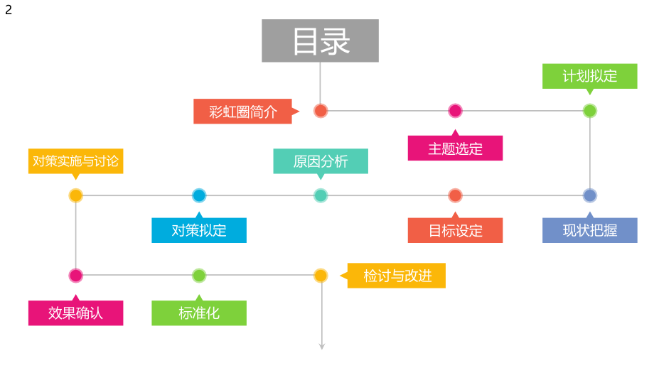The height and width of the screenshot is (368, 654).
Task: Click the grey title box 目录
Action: point(320,41)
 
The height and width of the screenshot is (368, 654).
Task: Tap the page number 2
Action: point(9,10)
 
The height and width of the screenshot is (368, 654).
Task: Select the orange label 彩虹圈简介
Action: point(243,112)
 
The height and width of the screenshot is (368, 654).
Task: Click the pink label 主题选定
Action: point(455,148)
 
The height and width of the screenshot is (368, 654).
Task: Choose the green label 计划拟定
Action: point(589,76)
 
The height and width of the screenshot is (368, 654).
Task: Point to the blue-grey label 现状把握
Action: point(589,230)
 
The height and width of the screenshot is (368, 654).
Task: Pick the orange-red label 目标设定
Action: point(455,230)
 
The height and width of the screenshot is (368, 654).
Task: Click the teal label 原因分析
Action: point(321,161)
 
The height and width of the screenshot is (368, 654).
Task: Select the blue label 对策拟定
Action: point(199,230)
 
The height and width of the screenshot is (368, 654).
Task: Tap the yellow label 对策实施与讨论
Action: point(76,161)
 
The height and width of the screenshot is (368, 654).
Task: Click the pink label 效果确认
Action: point(76,313)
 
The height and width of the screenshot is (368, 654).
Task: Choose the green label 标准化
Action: point(199,313)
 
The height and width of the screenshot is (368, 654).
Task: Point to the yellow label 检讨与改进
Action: point(397,276)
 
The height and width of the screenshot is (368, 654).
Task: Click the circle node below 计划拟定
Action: point(589,111)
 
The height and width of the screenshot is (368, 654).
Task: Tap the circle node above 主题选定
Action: point(455,111)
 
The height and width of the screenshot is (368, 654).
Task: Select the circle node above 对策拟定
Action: point(199,195)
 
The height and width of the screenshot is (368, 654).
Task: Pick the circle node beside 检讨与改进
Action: point(321,276)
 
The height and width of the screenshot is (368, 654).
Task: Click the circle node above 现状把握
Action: point(589,195)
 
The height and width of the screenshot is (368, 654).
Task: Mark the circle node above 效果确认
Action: point(76,276)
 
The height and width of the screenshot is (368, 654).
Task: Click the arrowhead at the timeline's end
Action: point(321,346)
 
